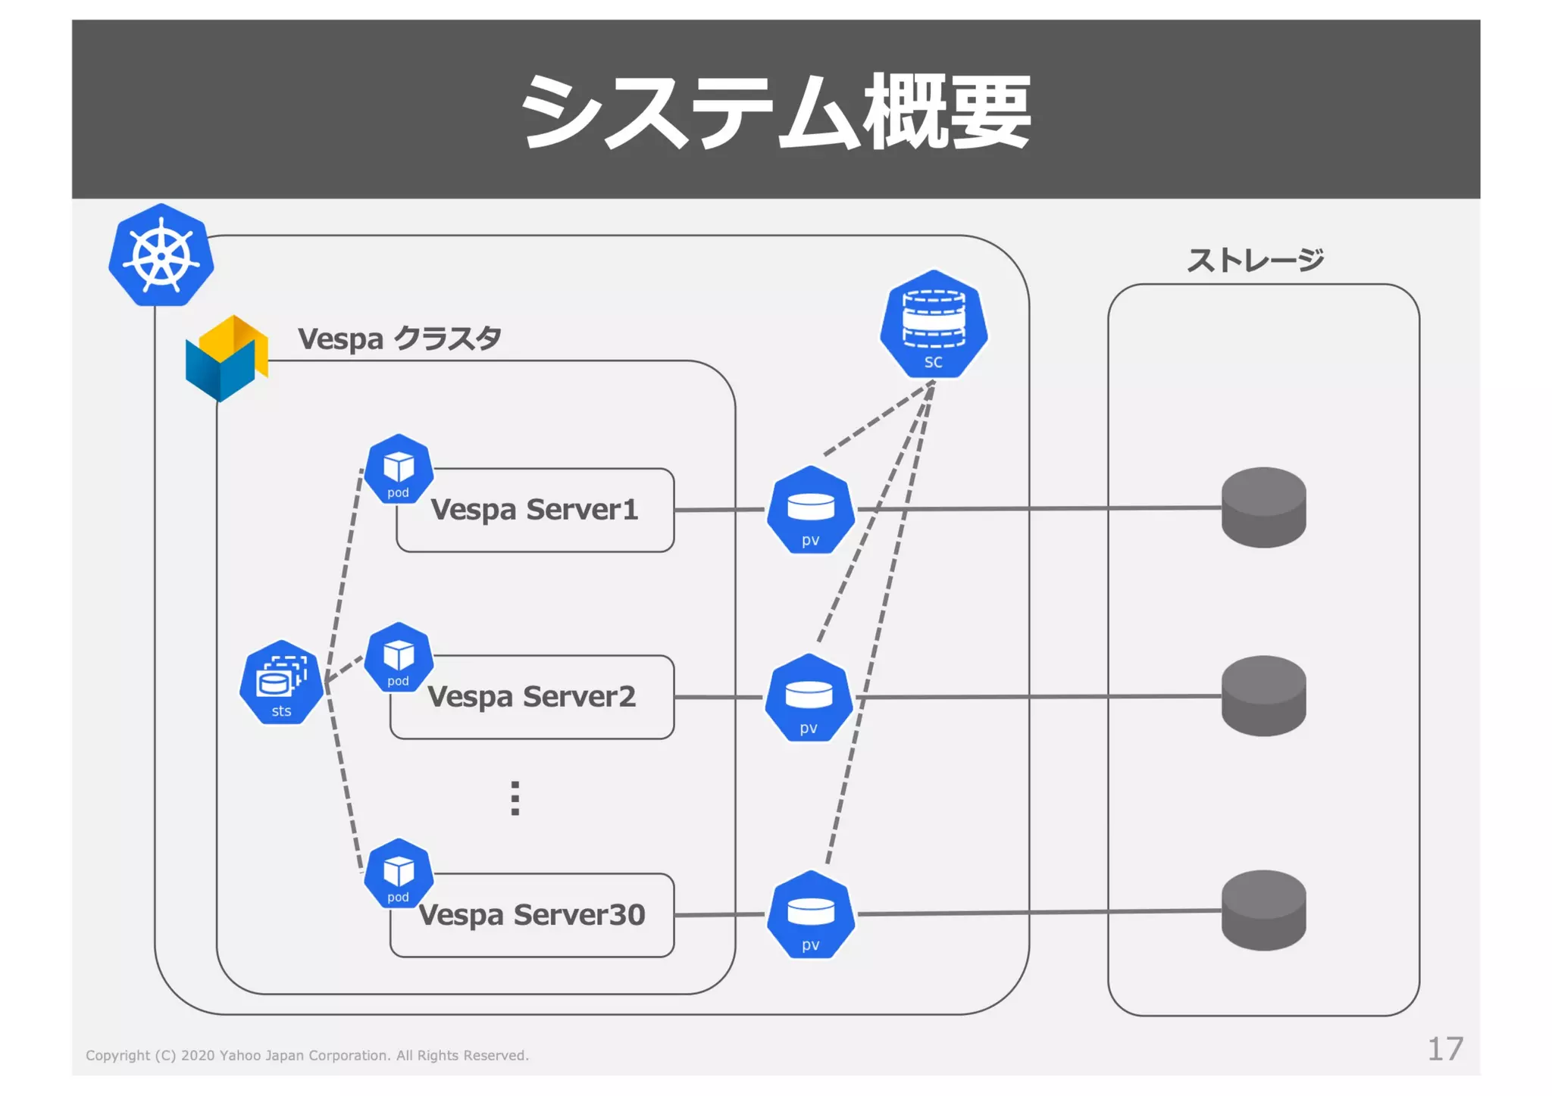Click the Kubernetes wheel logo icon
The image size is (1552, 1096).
click(x=161, y=255)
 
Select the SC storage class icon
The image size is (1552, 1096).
click(x=933, y=325)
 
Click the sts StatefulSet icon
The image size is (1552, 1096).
click(x=281, y=682)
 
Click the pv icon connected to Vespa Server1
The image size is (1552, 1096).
click(x=810, y=511)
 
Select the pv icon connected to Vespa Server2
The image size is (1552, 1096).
click(x=809, y=698)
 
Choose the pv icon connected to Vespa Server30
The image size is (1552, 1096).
click(x=810, y=915)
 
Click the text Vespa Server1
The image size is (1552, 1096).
click(x=534, y=510)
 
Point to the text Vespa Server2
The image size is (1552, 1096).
click(x=531, y=697)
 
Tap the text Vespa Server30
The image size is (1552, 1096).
click(x=531, y=915)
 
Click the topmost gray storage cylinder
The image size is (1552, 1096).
click(x=1263, y=507)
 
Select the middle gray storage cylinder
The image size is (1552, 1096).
click(x=1263, y=695)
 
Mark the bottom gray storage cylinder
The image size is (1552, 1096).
click(x=1263, y=910)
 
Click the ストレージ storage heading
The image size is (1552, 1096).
click(x=1255, y=261)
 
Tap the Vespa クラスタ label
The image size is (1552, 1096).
click(x=399, y=339)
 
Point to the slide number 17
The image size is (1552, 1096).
click(x=1444, y=1049)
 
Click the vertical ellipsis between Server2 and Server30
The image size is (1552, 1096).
click(x=515, y=798)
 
